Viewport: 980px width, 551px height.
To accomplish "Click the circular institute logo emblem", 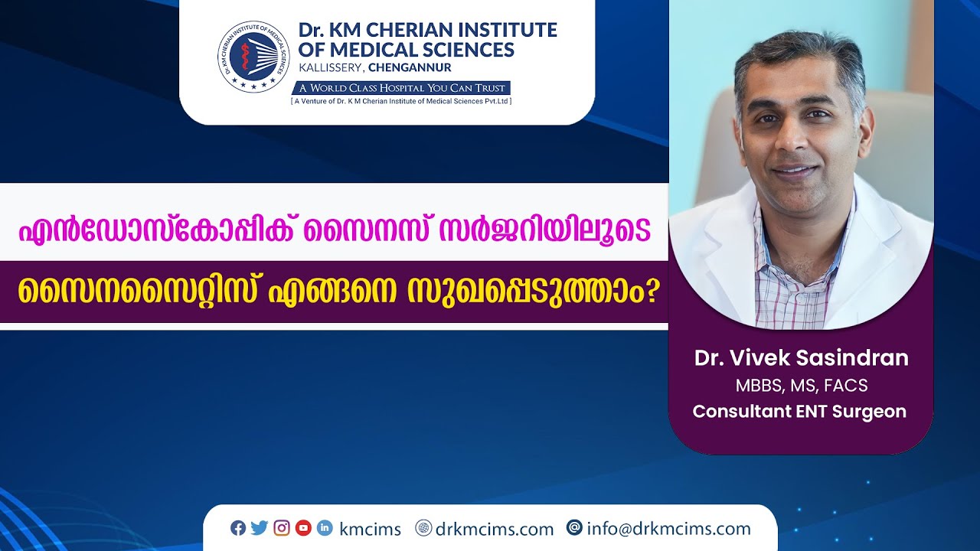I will (x=253, y=57).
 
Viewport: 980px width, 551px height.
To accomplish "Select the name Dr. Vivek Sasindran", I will (x=801, y=358).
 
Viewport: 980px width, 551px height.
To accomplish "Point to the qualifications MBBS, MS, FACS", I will (x=801, y=386).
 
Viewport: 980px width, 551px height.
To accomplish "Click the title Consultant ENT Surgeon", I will (x=799, y=412).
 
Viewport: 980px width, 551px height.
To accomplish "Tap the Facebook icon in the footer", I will (x=238, y=528).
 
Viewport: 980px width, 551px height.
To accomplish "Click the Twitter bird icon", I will (x=260, y=528).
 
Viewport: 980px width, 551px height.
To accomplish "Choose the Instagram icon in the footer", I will (x=282, y=528).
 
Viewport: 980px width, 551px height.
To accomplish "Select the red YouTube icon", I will (x=303, y=528).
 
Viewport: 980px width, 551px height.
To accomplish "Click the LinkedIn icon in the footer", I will (x=325, y=528).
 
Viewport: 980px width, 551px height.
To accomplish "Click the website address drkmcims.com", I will (x=494, y=529).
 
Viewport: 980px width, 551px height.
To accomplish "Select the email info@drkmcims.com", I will (x=668, y=529).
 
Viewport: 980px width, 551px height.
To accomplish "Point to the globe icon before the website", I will (x=423, y=528).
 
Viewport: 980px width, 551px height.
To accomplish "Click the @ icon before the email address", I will (x=574, y=528).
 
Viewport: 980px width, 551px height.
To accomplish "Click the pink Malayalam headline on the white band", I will (x=334, y=229).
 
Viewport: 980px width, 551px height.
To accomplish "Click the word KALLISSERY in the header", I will (x=330, y=67).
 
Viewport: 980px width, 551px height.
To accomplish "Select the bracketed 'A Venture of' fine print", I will (x=401, y=101).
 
